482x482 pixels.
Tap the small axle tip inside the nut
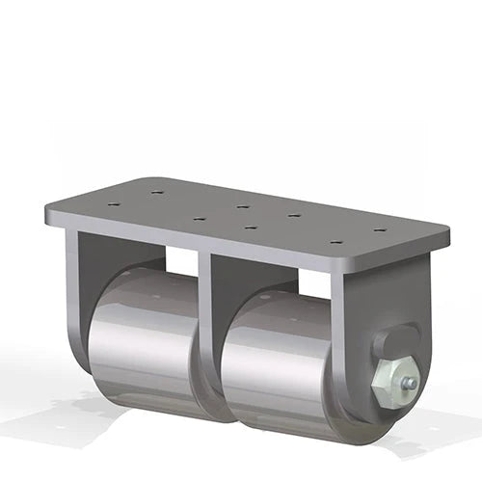point(410,383)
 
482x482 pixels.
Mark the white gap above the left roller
point(181,259)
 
